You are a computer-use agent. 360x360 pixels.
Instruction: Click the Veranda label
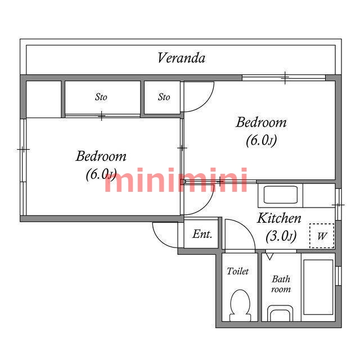[181, 58]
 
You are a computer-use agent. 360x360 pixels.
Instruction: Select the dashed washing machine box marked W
[322, 236]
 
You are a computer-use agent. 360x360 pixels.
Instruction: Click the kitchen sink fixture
[280, 195]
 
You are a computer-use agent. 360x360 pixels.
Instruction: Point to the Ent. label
[202, 234]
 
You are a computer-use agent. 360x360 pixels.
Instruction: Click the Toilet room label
[237, 271]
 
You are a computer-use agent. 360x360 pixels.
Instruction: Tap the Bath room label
[281, 284]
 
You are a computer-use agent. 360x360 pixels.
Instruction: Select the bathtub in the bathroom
[318, 287]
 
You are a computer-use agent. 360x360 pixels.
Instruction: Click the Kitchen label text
[279, 218]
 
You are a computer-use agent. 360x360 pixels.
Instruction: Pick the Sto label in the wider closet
[101, 97]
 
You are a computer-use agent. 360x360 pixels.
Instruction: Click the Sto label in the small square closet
[164, 97]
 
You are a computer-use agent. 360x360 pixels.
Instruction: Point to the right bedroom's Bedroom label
[261, 122]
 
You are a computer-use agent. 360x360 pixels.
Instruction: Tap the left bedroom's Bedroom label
[101, 156]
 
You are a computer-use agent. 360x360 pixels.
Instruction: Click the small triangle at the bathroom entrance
[269, 256]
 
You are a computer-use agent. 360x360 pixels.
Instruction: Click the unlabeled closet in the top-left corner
[44, 99]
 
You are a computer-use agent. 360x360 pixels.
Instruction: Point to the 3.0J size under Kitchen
[281, 236]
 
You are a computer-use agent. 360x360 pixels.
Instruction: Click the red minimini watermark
[176, 180]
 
